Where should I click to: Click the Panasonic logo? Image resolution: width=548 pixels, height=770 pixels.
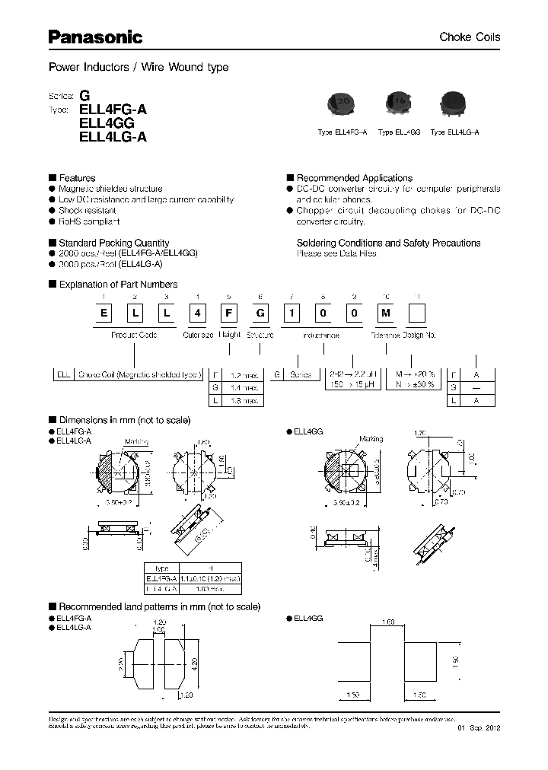click(96, 37)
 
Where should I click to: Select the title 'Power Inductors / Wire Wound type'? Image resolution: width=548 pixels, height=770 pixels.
click(139, 67)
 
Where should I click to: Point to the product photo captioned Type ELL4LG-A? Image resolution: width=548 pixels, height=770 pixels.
click(454, 105)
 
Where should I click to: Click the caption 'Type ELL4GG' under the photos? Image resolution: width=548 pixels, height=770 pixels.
click(399, 132)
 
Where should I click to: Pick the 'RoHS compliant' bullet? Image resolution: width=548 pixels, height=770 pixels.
click(89, 221)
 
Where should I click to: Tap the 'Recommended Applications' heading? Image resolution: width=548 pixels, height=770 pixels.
click(354, 178)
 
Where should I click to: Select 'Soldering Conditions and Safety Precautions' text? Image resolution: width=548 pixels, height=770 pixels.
click(388, 243)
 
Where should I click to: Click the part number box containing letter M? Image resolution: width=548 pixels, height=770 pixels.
click(387, 313)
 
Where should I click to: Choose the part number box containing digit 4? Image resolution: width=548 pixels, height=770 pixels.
click(198, 313)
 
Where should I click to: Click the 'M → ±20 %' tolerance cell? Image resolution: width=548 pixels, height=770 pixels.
click(415, 374)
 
